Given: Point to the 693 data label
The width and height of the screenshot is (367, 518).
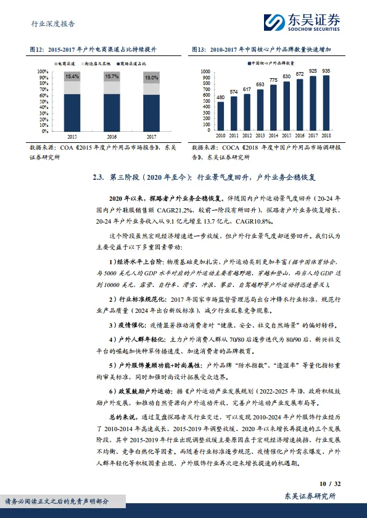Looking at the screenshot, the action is click(x=261, y=84).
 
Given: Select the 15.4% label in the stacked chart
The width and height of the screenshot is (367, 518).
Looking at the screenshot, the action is click(x=72, y=76).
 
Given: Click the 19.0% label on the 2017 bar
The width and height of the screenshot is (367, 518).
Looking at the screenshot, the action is click(x=151, y=78).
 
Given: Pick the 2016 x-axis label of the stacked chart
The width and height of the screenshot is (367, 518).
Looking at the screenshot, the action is click(x=112, y=136).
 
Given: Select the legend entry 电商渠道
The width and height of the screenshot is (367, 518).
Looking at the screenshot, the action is click(x=65, y=63).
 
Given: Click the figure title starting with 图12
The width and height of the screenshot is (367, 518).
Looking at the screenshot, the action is click(x=93, y=49).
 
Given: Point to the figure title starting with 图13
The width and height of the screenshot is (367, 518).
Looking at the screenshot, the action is click(x=262, y=49).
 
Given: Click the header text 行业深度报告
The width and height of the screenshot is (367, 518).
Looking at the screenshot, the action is click(x=52, y=24).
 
